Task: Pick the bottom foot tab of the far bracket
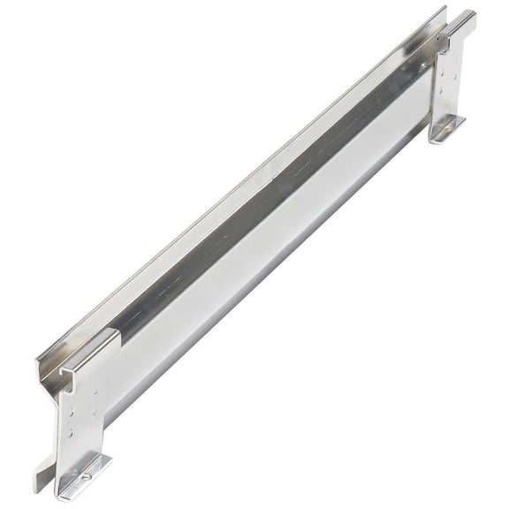(x=447, y=129)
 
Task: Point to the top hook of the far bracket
(x=462, y=24)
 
